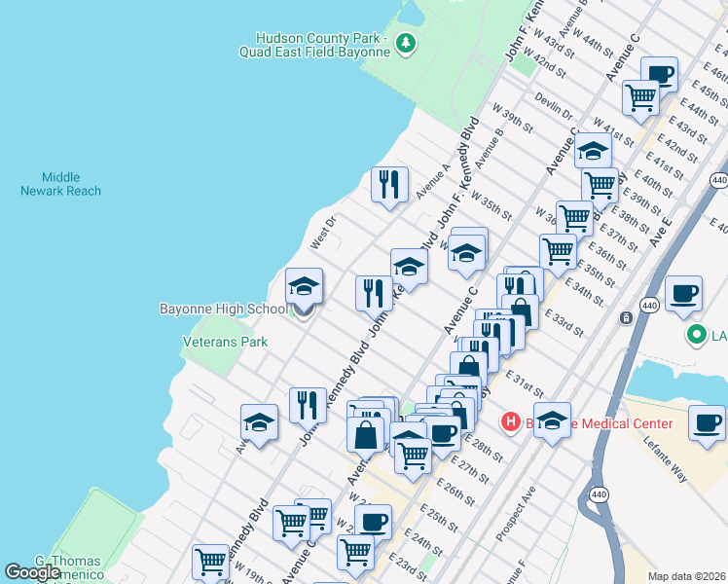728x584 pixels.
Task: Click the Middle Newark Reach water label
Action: click(60, 184)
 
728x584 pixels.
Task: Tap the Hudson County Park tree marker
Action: click(407, 42)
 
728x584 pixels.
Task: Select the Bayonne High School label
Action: click(223, 309)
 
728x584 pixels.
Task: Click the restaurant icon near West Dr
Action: click(389, 184)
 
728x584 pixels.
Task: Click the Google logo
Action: click(32, 572)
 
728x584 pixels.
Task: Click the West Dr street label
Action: click(322, 233)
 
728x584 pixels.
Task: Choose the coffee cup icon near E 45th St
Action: click(659, 74)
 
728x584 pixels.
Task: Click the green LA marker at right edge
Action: click(697, 336)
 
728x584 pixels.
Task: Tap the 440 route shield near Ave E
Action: click(719, 181)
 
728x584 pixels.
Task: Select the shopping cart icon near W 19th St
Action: click(210, 562)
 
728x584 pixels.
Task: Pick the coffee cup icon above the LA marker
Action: click(682, 293)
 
